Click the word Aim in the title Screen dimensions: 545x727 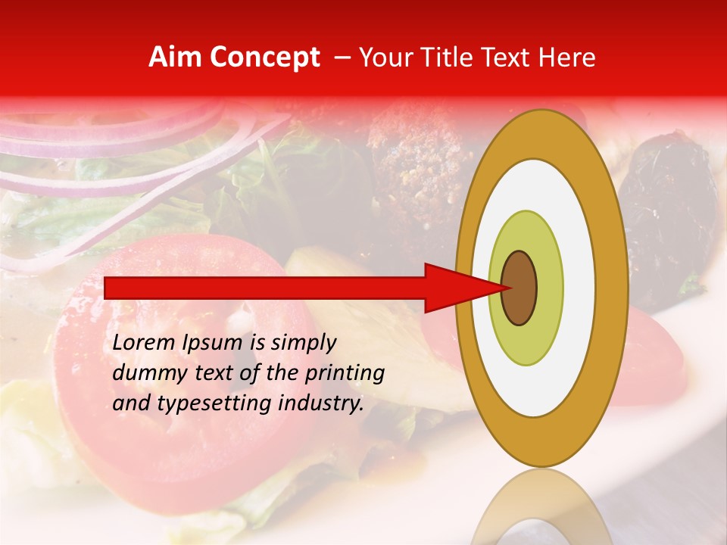(x=175, y=58)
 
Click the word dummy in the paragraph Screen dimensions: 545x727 (x=145, y=373)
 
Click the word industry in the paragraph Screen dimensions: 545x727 (x=318, y=403)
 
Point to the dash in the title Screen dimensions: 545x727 (x=342, y=58)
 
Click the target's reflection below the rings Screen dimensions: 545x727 (x=541, y=511)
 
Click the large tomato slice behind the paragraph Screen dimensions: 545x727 (x=189, y=439)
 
